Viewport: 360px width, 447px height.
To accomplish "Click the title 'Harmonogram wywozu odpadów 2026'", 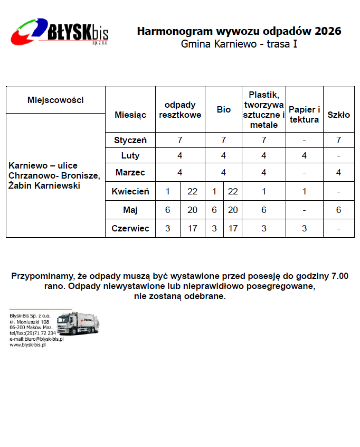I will click(239, 31).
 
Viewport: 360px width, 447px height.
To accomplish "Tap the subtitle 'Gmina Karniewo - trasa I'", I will click(239, 44).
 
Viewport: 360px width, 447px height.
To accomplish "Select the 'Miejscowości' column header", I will click(55, 100).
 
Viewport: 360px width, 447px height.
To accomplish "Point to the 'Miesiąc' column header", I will click(130, 114).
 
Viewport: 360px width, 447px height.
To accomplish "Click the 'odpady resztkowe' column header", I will click(180, 110).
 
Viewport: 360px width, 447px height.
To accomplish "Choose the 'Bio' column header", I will click(224, 110).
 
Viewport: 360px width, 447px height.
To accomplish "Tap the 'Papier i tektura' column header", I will click(304, 114).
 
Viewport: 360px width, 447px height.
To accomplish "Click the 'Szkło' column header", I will click(338, 115).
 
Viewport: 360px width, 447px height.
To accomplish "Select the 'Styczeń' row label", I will click(130, 140).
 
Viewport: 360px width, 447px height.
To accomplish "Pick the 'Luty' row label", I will click(130, 156).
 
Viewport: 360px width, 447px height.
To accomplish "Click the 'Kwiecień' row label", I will click(130, 191).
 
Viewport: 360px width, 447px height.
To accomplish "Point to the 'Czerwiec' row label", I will click(130, 229).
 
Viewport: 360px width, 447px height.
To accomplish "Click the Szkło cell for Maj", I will click(338, 210).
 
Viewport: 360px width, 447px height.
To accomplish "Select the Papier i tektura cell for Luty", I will click(304, 156).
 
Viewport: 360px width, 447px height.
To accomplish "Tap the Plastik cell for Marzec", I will click(264, 172).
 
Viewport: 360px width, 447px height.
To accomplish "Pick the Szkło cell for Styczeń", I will click(338, 140).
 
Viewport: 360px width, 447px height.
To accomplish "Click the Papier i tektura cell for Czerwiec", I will click(304, 229).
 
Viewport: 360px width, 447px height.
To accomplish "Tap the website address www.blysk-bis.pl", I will click(27, 345).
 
